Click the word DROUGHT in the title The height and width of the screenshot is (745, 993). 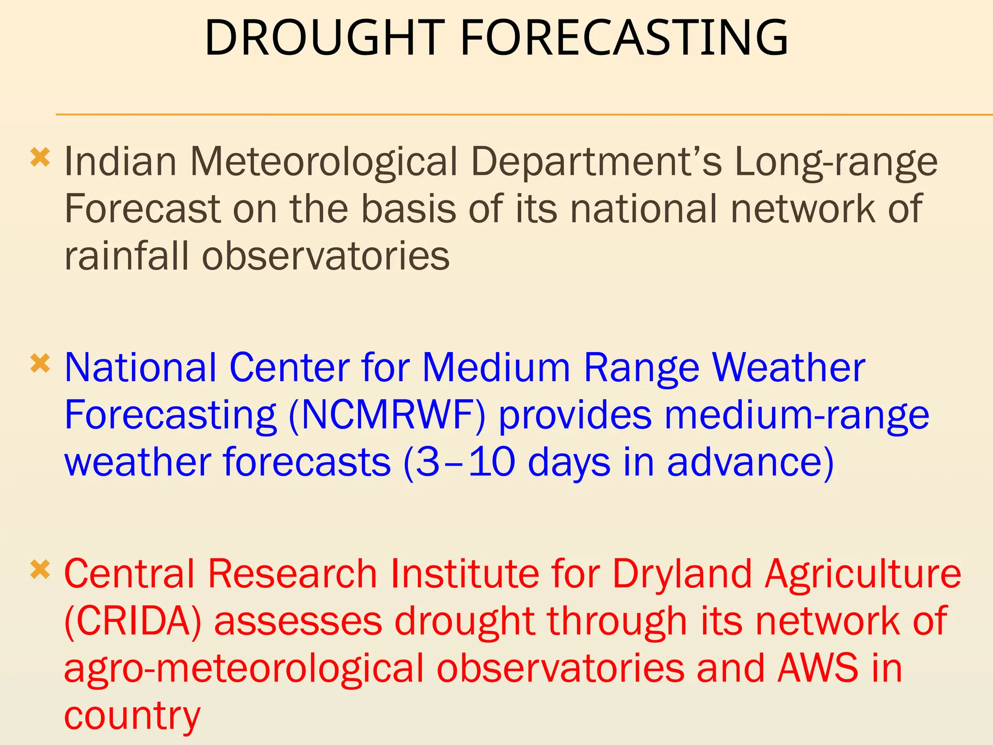click(324, 38)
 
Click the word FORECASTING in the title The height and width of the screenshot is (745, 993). click(624, 38)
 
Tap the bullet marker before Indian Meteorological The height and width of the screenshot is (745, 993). click(40, 158)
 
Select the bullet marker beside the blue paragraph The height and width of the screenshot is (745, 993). click(40, 363)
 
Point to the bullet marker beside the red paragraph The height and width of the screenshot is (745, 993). click(40, 570)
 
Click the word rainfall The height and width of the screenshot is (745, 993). click(126, 256)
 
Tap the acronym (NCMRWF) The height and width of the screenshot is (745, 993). click(386, 416)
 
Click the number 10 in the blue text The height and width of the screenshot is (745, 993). click(492, 462)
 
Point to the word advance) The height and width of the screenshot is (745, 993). click(751, 462)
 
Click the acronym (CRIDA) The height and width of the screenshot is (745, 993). click(132, 622)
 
